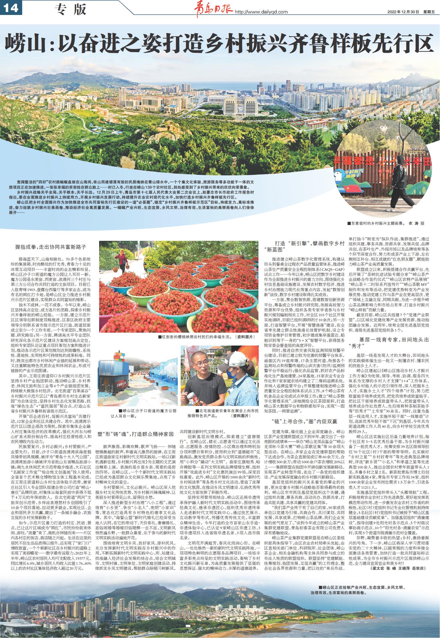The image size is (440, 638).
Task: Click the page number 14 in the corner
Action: (11, 9)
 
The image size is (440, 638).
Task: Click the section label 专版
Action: (70, 10)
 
